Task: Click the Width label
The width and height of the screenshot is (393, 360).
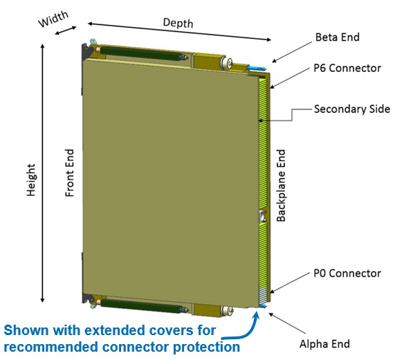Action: (x=53, y=19)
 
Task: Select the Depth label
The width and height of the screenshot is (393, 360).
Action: (x=178, y=23)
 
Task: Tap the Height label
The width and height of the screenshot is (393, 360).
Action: (x=31, y=180)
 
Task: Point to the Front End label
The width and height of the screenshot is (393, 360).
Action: (x=70, y=173)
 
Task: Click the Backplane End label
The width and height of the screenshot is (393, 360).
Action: (x=281, y=186)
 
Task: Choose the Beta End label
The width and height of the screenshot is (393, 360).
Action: (x=338, y=37)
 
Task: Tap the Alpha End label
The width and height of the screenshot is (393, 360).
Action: (x=325, y=343)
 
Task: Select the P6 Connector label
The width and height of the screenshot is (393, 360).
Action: (x=347, y=68)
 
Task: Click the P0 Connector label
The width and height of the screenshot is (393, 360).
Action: (x=347, y=273)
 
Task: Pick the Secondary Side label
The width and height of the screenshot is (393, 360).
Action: (x=352, y=109)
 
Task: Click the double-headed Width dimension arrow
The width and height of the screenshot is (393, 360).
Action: (x=66, y=30)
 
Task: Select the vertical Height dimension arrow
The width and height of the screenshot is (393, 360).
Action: (x=43, y=173)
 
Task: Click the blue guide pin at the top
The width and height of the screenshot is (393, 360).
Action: (x=256, y=68)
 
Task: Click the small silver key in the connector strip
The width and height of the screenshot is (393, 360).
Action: (x=262, y=216)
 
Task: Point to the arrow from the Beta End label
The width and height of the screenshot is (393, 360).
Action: (x=292, y=52)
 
